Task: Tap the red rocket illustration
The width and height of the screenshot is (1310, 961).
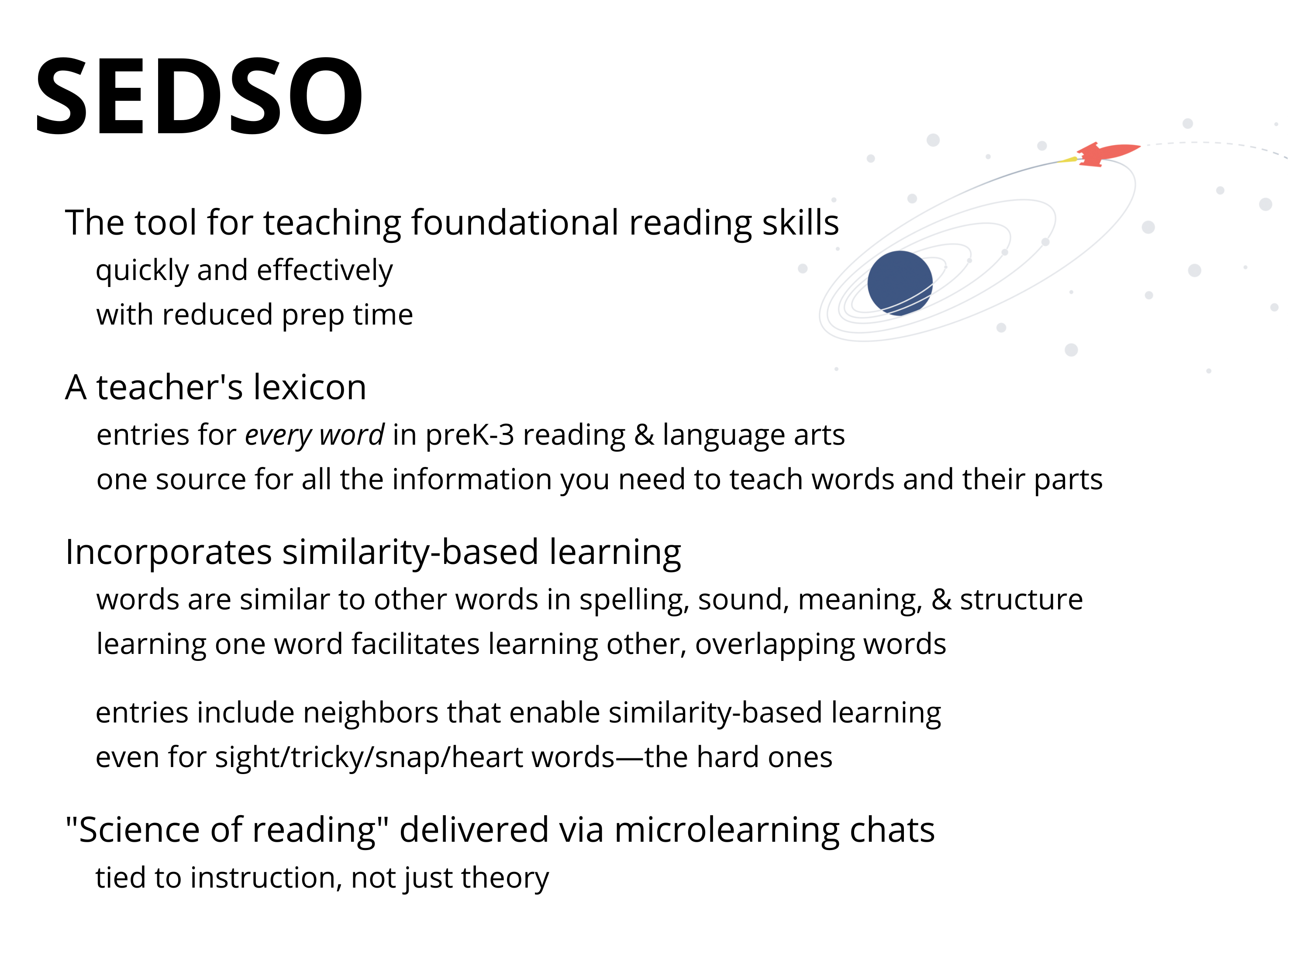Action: [1108, 154]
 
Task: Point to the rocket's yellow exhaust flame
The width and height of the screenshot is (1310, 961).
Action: [1069, 159]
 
